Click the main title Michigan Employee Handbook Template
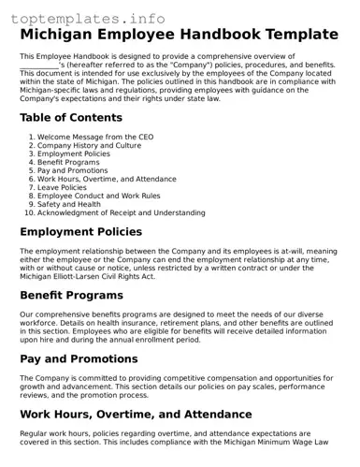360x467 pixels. (180, 35)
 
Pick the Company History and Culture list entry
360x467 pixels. (90, 146)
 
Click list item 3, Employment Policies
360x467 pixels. (74, 154)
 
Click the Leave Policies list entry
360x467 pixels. (63, 187)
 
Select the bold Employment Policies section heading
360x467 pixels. (81, 232)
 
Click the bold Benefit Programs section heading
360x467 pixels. (71, 295)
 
